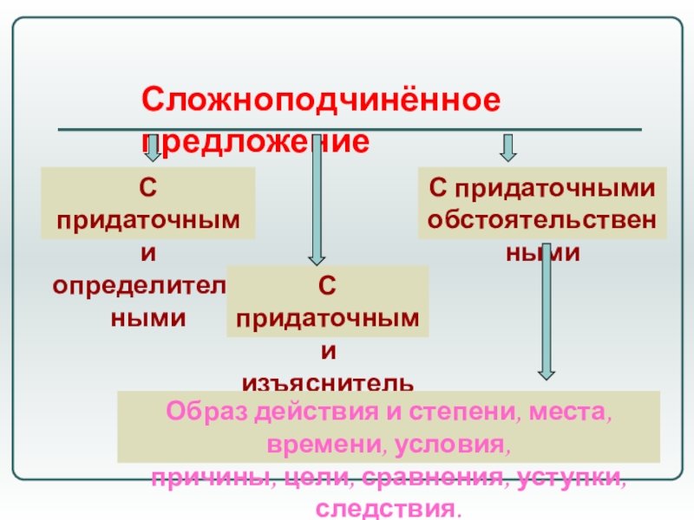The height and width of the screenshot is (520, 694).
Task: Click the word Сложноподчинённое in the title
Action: point(321,100)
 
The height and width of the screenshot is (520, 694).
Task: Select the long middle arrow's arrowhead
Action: point(317,255)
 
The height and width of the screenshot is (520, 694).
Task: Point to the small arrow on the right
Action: point(508,148)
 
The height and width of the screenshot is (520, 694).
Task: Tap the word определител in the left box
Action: point(139,286)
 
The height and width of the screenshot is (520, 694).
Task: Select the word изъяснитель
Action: point(327,382)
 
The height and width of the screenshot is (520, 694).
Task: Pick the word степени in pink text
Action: point(466,412)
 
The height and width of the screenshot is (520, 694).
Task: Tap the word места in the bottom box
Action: point(573,412)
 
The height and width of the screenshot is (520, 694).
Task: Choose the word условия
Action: point(451,445)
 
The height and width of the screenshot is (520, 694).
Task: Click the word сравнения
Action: point(419,477)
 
